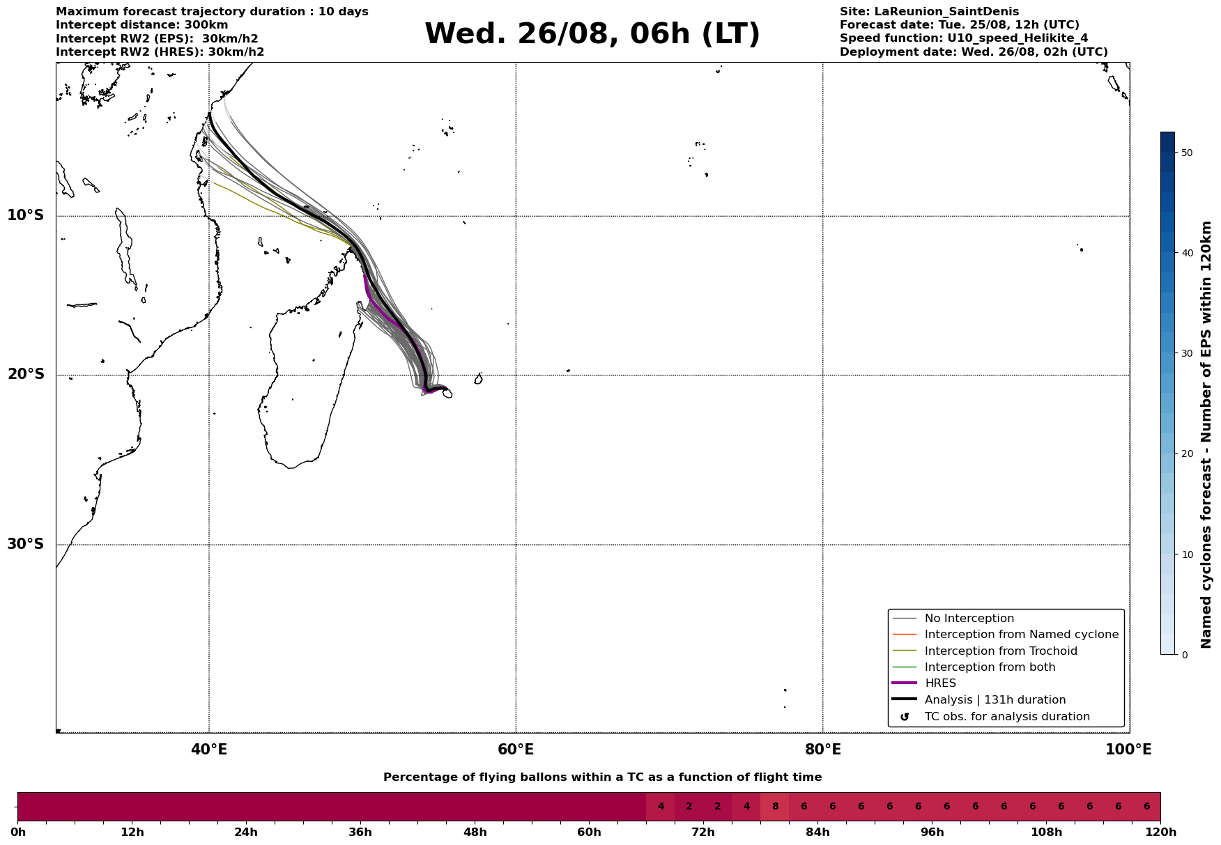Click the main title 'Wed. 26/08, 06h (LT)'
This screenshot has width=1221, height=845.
[x=592, y=34]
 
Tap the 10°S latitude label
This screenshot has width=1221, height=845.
[x=25, y=215]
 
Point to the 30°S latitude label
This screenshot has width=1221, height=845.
[x=25, y=544]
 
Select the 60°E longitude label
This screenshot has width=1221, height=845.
[x=516, y=750]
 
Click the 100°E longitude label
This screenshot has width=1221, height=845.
[x=1128, y=750]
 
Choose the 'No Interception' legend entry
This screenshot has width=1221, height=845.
[x=969, y=619]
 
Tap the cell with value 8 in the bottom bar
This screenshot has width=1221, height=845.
[x=775, y=807]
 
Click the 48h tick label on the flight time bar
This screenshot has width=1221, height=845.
[x=475, y=832]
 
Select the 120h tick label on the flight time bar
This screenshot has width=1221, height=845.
[x=1160, y=832]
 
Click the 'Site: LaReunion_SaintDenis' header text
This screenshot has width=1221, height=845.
[x=929, y=12]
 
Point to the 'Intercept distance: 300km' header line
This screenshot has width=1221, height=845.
[x=142, y=25]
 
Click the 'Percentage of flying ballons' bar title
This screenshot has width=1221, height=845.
[x=602, y=777]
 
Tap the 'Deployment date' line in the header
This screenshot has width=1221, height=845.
[x=974, y=52]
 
